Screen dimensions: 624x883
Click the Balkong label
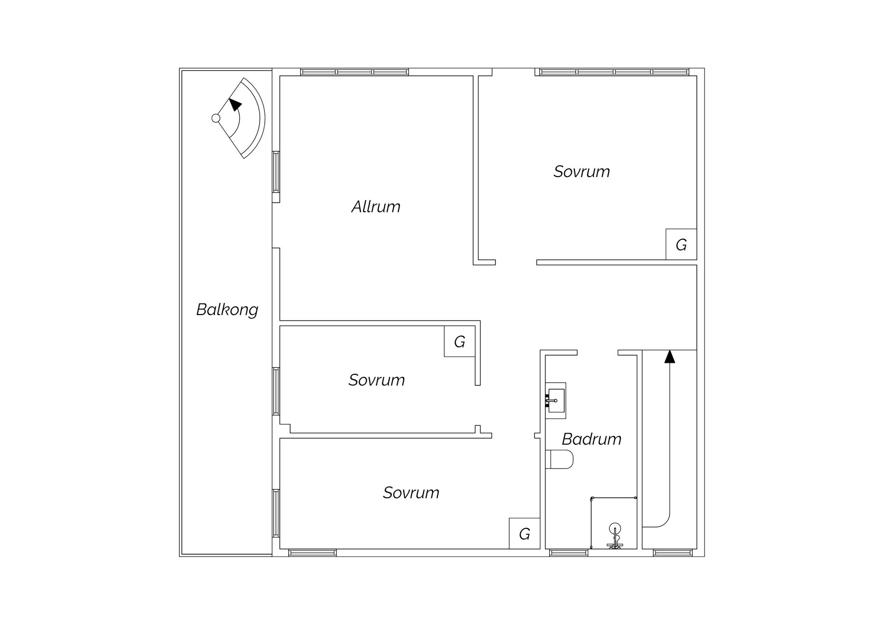227,309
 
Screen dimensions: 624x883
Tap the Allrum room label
376,206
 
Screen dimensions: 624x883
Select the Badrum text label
591,439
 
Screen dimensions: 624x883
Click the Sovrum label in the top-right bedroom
581,172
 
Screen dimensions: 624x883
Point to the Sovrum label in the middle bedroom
376,380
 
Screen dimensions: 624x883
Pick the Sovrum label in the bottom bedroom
411,492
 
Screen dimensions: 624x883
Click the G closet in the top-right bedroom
681,245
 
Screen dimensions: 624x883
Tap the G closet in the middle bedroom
459,342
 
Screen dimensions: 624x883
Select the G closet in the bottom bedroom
524,534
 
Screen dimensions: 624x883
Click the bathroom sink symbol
556,401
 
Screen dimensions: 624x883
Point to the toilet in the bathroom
560,459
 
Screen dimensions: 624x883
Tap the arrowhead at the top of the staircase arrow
670,356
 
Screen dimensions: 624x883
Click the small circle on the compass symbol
216,118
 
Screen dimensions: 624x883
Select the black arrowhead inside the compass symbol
235,104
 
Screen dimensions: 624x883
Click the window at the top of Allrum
354,72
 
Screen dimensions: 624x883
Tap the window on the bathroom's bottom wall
568,553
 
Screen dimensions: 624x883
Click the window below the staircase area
672,553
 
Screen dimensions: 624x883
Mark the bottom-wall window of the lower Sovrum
312,553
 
